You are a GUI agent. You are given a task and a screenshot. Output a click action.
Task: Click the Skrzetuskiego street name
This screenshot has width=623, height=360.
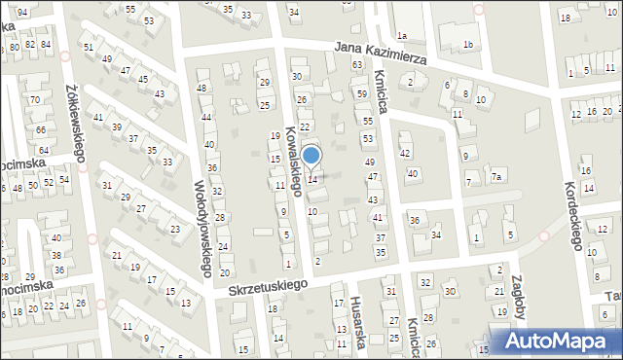click(268, 286)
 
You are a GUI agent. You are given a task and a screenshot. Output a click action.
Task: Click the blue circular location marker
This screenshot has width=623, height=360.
click(311, 155)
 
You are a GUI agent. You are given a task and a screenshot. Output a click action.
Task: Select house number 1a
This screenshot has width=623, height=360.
click(401, 36)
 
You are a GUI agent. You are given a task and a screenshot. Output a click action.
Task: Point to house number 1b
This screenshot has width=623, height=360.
click(468, 45)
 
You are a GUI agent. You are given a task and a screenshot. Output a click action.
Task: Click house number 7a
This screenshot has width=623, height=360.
click(495, 176)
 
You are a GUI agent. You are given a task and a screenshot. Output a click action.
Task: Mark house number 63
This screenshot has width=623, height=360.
click(357, 63)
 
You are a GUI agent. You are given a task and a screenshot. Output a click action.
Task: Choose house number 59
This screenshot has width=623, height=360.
click(361, 94)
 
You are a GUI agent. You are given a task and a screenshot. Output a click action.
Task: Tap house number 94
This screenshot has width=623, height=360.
click(21, 10)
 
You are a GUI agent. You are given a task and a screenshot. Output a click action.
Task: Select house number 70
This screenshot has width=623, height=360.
click(34, 99)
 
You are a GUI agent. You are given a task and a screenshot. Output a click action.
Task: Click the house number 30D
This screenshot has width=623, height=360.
click(450, 291)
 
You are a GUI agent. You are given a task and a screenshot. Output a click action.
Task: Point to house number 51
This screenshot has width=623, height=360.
click(89, 47)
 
